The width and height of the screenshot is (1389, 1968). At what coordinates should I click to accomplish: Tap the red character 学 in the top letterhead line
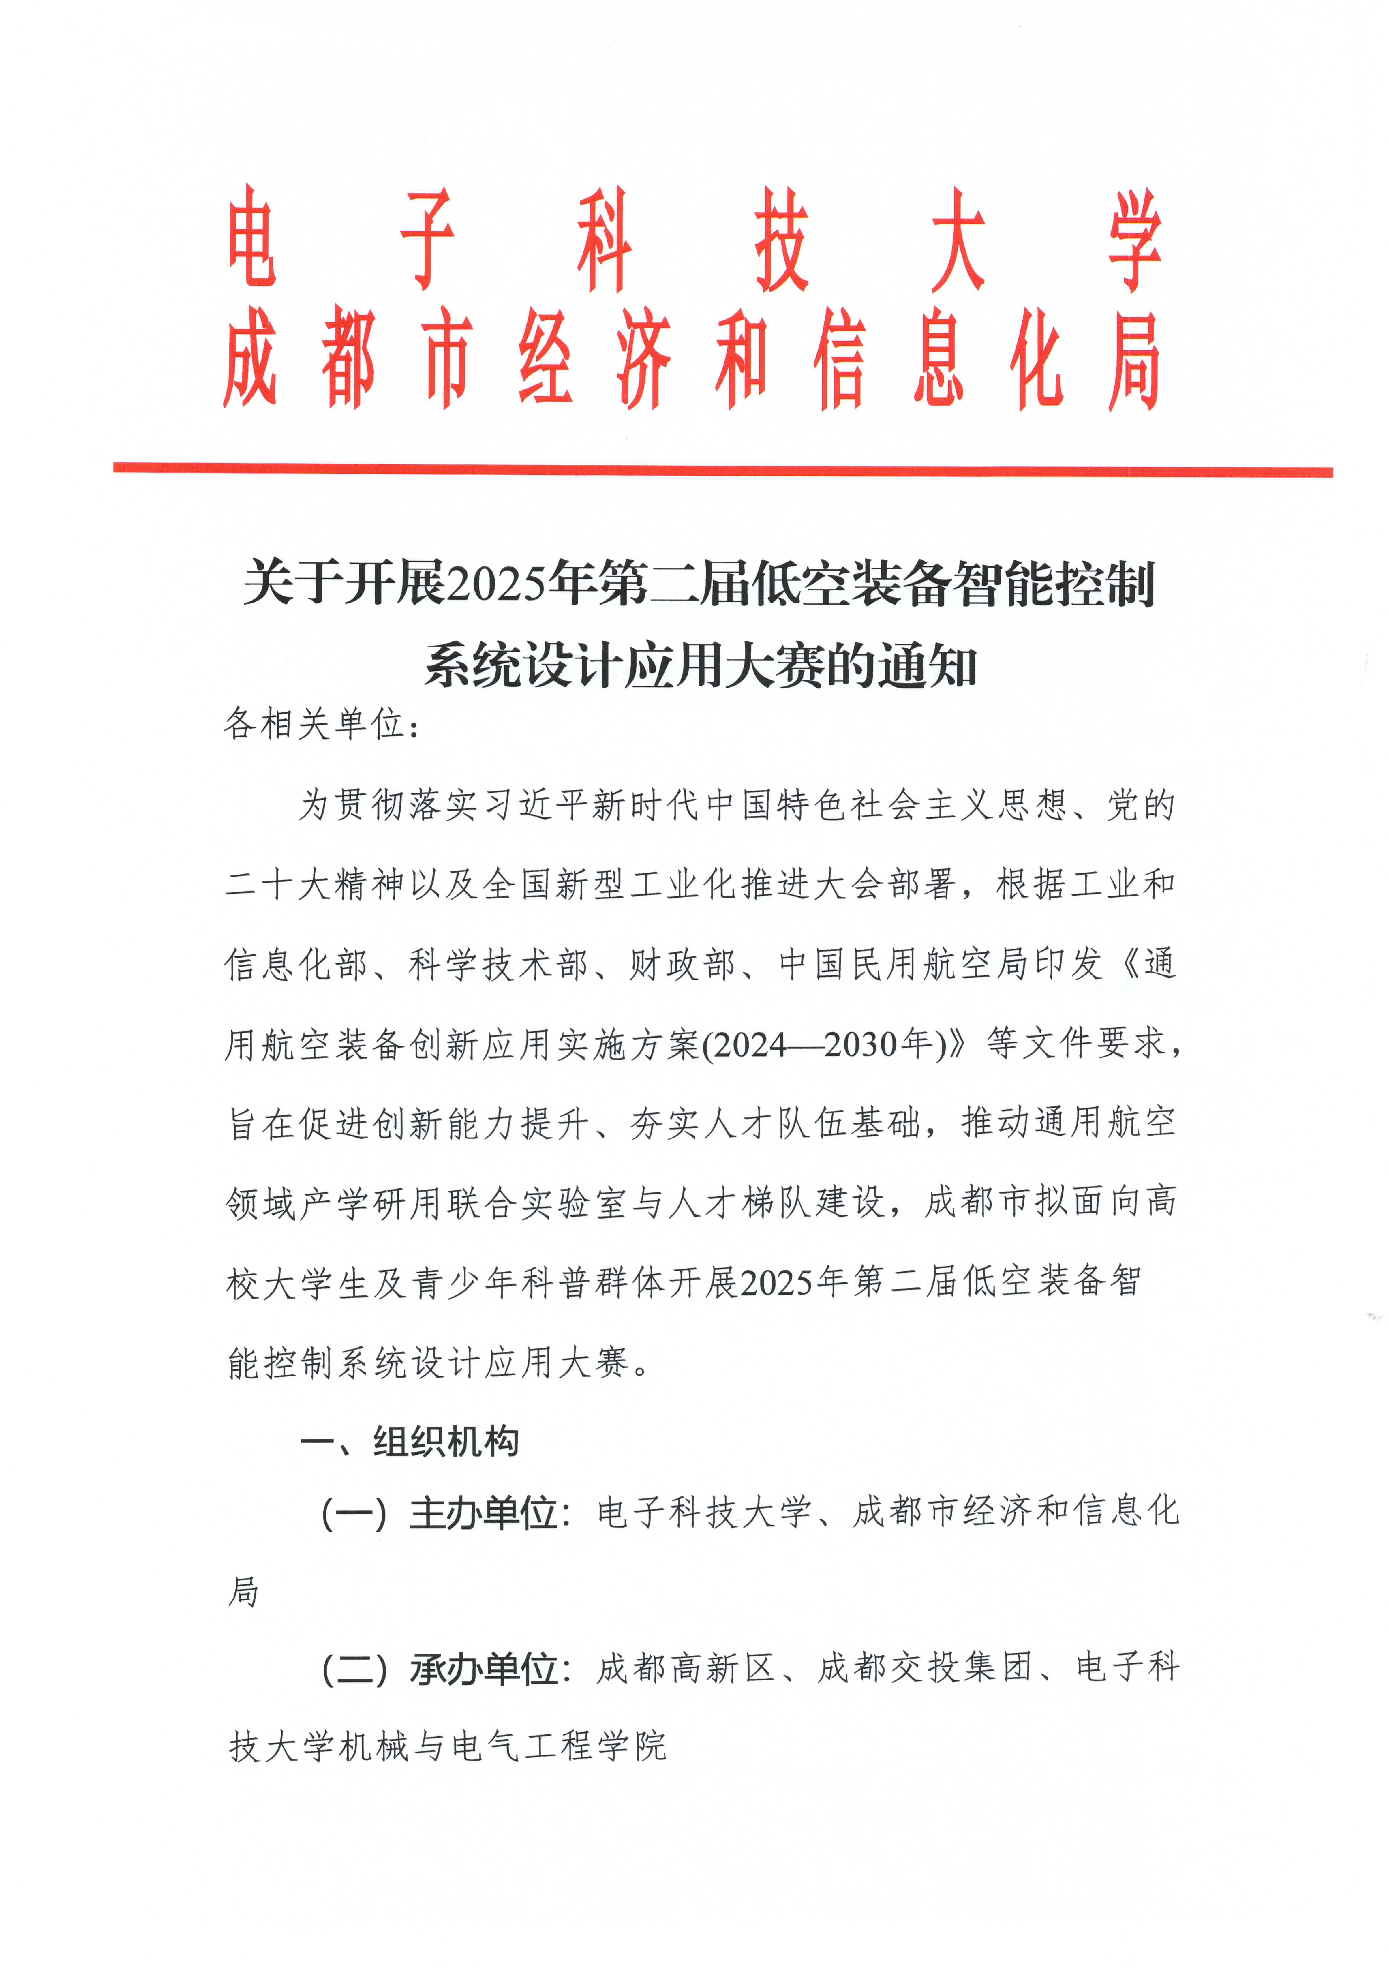1135,240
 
